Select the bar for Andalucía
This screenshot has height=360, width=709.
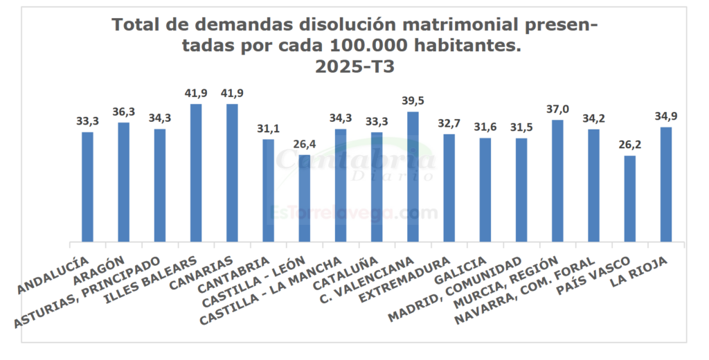87,187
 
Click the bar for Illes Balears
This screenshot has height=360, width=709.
196,173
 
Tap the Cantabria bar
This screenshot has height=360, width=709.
268,190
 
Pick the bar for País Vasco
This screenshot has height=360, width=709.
629,199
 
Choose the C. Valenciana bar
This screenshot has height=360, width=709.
413,177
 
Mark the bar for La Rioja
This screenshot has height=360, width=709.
665,184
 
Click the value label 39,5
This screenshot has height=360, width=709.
413,101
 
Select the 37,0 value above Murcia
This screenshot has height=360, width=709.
557,109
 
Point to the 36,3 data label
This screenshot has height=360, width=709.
123,111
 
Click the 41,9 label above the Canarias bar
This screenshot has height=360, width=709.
232,93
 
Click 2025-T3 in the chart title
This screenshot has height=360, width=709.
354,67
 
